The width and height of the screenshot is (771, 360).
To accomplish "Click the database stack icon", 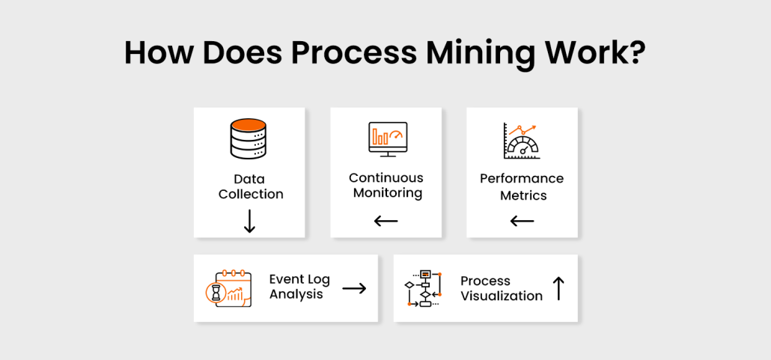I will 249,140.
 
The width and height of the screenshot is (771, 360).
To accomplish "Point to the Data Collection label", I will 250,187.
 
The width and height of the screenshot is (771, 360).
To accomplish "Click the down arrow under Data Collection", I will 250,221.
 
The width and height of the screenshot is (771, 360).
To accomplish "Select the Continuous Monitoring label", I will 386,186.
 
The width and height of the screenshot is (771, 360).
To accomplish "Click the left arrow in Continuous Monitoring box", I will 386,221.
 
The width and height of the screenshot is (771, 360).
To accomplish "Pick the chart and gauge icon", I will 522,140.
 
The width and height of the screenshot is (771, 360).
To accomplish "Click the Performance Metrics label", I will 522,187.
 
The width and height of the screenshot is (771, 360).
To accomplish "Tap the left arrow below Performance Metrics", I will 522,221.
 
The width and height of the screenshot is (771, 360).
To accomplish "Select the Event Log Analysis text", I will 299,287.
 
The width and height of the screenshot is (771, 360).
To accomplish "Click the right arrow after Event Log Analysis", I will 354,287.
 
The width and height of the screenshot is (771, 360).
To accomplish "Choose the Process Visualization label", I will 501,288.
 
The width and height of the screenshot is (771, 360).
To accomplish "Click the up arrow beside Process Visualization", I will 558,288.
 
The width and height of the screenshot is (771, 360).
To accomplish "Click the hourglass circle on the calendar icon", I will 216,295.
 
